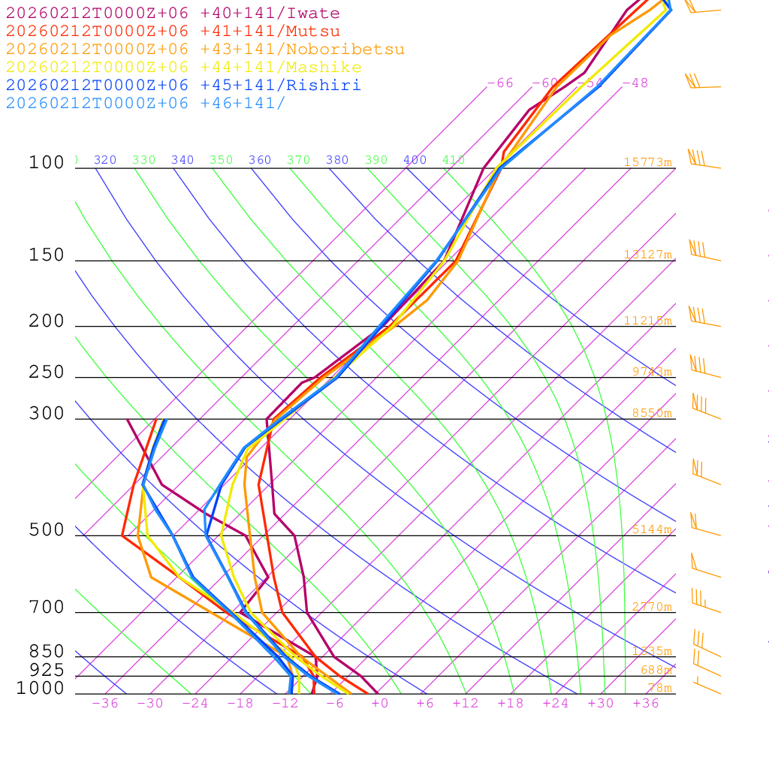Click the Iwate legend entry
tap(173, 14)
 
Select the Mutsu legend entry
tap(173, 32)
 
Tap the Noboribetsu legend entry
tap(205, 50)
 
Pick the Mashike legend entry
tap(183, 68)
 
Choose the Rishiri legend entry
tap(183, 86)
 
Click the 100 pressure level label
tap(47, 163)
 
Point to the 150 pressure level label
tap(47, 255)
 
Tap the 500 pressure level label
tap(47, 530)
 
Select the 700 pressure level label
tap(47, 608)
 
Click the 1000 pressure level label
tap(40, 689)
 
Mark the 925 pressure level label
tap(47, 670)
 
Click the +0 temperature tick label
tap(379, 704)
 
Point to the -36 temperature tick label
tap(104, 704)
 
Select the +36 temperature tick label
tap(645, 704)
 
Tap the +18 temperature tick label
tap(511, 704)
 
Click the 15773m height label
tap(647, 162)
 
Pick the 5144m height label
tap(651, 529)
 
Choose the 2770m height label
tap(651, 607)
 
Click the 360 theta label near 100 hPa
tap(260, 160)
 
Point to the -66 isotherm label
tap(500, 83)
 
